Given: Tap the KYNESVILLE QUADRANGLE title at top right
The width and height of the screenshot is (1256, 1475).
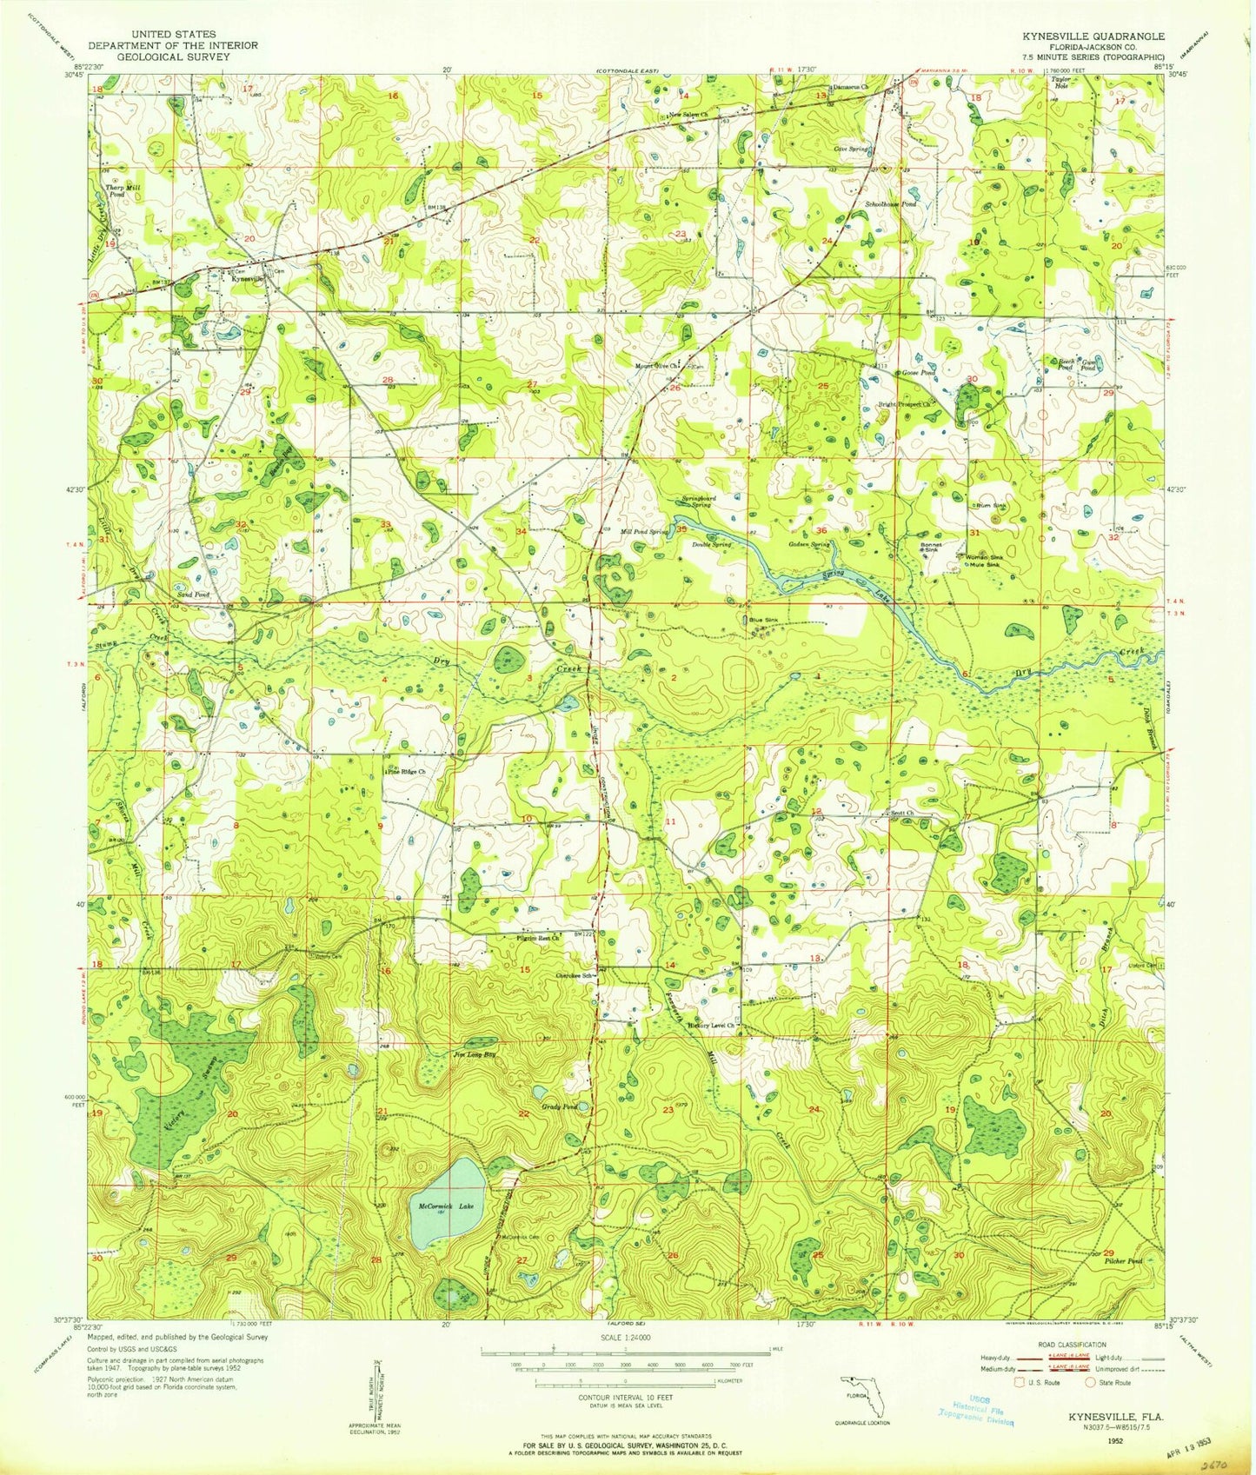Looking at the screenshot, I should (x=1095, y=36).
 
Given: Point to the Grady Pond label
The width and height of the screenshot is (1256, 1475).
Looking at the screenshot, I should (x=560, y=1106).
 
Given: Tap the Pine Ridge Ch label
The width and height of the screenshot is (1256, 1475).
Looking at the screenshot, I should (x=406, y=771).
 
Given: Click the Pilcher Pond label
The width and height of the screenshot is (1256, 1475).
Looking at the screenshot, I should (x=1120, y=1259).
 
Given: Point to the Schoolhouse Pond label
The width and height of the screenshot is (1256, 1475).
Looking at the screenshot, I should (x=890, y=203).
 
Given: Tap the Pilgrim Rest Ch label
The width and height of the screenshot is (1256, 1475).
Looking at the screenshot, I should (x=539, y=937).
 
